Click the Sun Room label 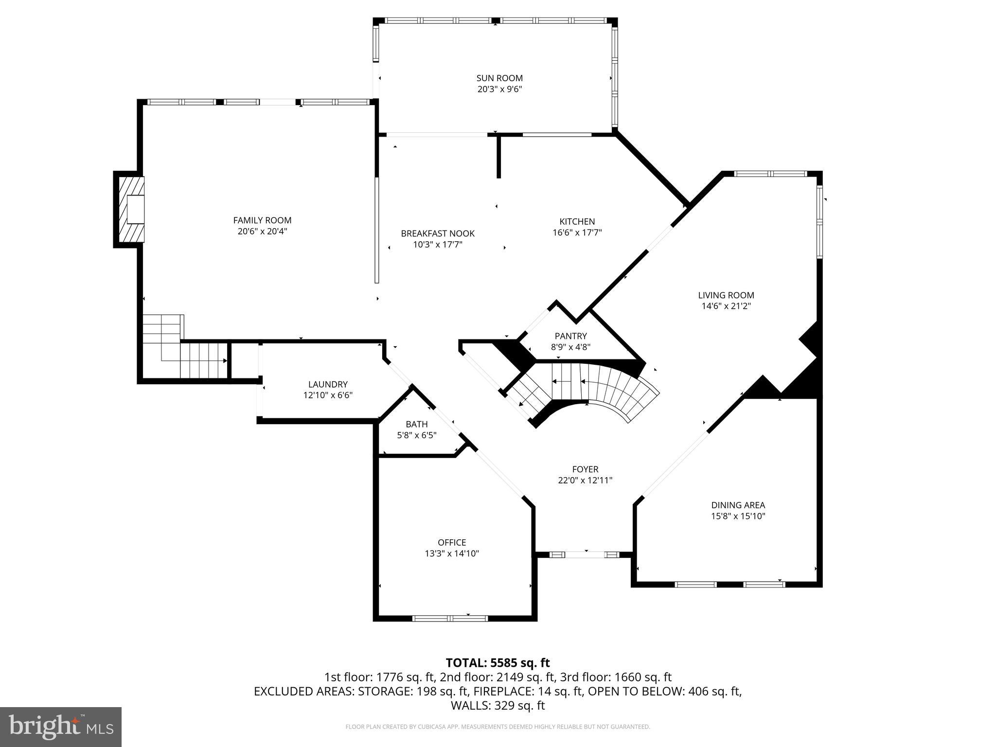tap(499, 78)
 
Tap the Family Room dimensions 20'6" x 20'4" tap(262, 231)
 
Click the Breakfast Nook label tap(437, 233)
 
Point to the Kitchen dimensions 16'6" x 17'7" tap(577, 232)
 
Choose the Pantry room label tap(570, 336)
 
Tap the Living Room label tap(726, 295)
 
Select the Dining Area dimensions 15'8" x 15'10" tap(738, 516)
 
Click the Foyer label tap(585, 469)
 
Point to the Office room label tap(452, 542)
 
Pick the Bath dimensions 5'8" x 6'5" tap(417, 435)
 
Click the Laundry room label tap(328, 384)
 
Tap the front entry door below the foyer tap(585, 554)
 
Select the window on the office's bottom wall tap(450, 618)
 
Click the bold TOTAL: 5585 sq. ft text tap(498, 663)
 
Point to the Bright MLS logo tap(61, 727)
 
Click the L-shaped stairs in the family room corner tap(185, 348)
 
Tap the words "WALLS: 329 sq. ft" tap(498, 705)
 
